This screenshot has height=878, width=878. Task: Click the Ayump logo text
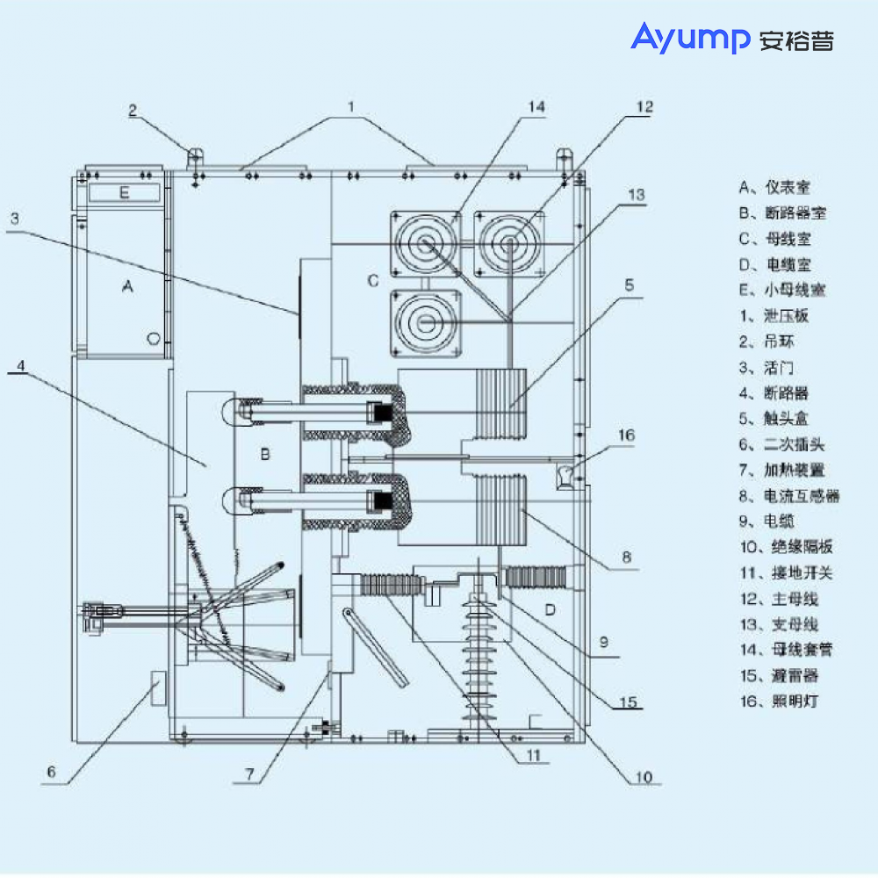click(x=689, y=38)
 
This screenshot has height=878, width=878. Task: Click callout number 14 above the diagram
click(x=536, y=107)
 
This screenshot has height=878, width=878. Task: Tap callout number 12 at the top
click(x=644, y=107)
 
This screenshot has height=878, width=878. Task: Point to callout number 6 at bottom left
click(x=51, y=772)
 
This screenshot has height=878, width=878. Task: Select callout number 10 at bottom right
click(x=644, y=776)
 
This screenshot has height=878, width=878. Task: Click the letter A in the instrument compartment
click(x=128, y=286)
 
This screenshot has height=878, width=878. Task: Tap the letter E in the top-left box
click(x=124, y=193)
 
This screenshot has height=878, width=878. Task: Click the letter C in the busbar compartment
click(x=372, y=281)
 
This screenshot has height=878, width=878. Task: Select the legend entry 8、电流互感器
click(x=788, y=496)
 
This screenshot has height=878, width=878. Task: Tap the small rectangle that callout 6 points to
click(x=156, y=687)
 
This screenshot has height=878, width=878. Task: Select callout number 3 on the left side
click(x=14, y=219)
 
